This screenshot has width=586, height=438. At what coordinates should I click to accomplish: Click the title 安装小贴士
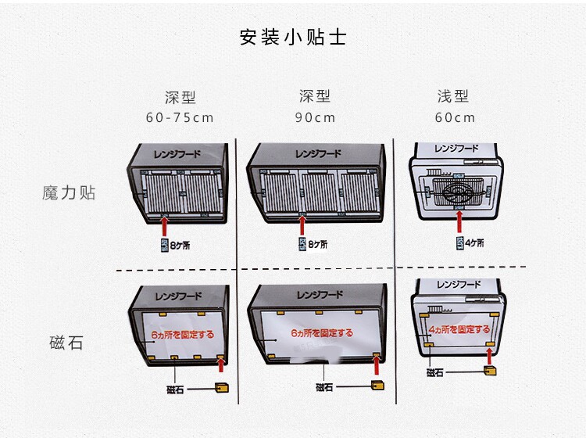coord(293,38)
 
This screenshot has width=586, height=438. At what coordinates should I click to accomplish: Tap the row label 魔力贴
coord(69,192)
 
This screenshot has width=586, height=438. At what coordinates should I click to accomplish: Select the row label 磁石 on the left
coord(66,343)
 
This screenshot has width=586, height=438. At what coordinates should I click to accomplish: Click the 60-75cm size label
coord(180,118)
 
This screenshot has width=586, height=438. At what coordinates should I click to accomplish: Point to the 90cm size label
coord(315,118)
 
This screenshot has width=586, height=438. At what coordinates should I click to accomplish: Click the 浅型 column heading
coord(453,97)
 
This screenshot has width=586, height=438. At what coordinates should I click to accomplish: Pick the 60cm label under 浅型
coord(455,118)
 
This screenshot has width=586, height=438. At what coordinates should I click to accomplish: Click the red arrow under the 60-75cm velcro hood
coord(164,224)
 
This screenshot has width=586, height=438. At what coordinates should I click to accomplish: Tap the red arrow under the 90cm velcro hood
coord(302,224)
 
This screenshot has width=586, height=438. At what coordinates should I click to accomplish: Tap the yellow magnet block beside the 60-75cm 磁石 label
coord(222,387)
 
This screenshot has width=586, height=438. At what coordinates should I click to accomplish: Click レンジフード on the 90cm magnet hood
coord(320,296)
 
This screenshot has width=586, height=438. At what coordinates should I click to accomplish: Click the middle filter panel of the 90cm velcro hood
coord(320,192)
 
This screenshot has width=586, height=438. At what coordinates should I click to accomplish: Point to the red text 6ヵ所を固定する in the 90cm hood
coord(321,333)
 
